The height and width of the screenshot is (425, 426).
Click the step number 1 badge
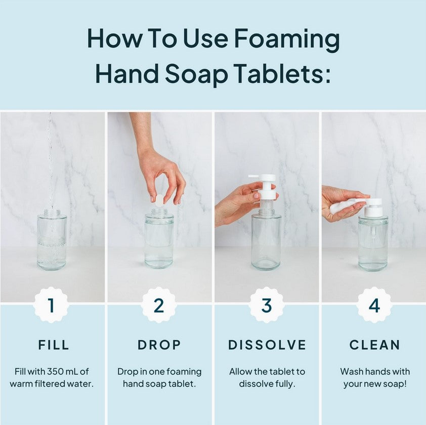[51, 305]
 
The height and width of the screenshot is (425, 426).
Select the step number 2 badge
[159, 305]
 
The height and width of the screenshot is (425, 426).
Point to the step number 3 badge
[267, 305]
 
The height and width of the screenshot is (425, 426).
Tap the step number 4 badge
[374, 305]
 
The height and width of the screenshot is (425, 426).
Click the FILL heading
[54, 345]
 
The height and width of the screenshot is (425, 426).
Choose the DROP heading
[159, 345]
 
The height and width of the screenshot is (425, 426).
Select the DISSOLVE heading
[267, 345]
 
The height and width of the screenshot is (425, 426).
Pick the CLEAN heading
[375, 345]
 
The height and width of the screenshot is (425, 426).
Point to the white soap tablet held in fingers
[159, 200]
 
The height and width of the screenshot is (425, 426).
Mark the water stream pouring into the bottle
[50, 162]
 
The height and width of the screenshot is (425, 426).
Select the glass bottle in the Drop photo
[159, 240]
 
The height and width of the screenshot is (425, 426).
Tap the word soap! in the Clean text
[395, 384]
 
